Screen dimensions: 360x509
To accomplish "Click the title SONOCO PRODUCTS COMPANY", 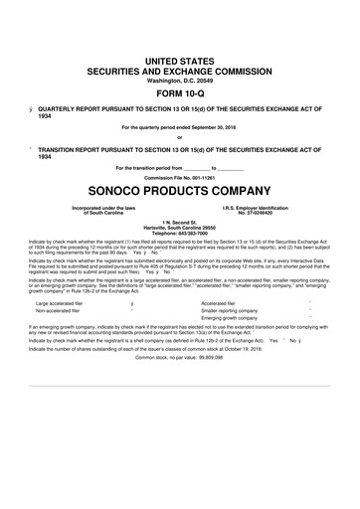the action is pyautogui.click(x=179, y=186).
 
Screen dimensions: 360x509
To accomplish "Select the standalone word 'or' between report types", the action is pyautogui.click(x=179, y=137).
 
